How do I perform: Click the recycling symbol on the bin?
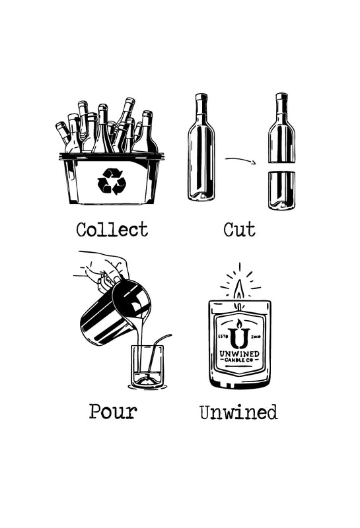click(x=112, y=181)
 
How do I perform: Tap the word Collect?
click(x=112, y=230)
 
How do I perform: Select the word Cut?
click(x=239, y=230)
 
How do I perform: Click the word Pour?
click(x=113, y=411)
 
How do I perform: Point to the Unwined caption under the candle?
click(x=238, y=412)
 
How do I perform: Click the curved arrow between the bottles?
click(x=240, y=160)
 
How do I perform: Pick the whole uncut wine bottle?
click(x=201, y=147)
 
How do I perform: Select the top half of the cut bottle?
click(x=282, y=128)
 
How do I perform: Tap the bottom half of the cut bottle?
click(x=282, y=190)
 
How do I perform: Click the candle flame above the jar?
click(x=239, y=290)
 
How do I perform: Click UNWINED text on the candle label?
click(x=239, y=354)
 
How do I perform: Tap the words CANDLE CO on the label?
click(x=238, y=360)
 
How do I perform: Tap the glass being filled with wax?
click(x=148, y=367)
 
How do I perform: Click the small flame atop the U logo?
click(x=239, y=324)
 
